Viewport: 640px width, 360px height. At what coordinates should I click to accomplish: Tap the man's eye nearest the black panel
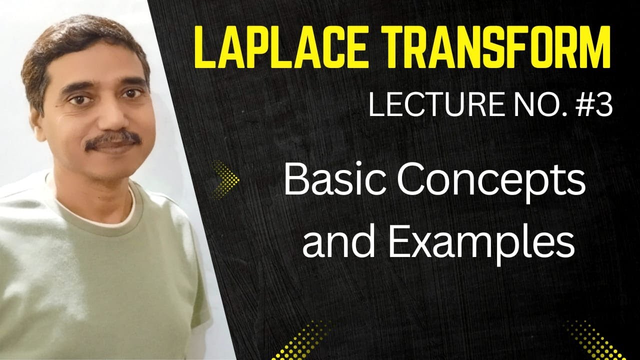click(130, 94)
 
